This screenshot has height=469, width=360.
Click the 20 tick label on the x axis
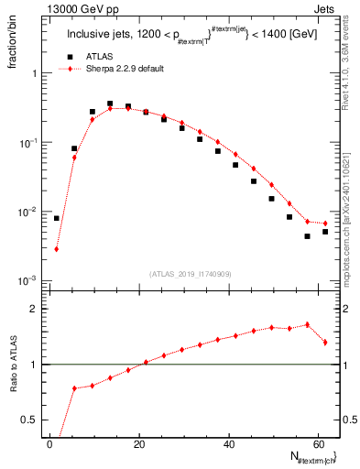[139, 442]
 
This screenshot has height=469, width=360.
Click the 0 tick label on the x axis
[50, 442]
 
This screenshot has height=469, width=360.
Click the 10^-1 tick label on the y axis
[28, 143]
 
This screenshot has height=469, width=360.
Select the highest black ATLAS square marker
[110, 104]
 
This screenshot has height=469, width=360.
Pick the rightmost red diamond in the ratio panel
[325, 343]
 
